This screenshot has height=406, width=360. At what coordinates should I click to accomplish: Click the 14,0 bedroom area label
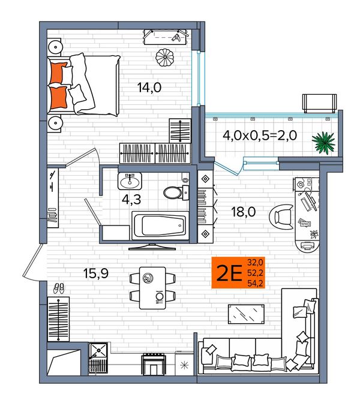(x=149, y=88)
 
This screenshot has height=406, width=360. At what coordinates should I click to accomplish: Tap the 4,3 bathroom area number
(x=131, y=199)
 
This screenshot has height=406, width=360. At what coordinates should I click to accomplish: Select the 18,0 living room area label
(x=243, y=212)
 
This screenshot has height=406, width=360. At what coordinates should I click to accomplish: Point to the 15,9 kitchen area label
(x=96, y=273)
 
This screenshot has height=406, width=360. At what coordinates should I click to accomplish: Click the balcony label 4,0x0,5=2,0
(x=260, y=135)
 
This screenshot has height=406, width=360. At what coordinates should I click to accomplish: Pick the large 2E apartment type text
(x=229, y=273)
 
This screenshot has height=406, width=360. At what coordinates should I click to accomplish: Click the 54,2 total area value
(x=255, y=283)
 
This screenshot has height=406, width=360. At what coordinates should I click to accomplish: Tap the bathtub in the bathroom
(x=160, y=225)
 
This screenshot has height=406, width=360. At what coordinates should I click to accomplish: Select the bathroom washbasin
(x=130, y=181)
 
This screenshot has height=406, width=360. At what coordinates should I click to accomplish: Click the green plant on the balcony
(x=323, y=143)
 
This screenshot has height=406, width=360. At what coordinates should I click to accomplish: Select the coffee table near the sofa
(x=246, y=314)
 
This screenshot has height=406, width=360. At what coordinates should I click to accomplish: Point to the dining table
(x=152, y=288)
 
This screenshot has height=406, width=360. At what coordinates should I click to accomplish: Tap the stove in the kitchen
(x=154, y=364)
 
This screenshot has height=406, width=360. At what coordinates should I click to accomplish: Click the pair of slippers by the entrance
(x=59, y=288)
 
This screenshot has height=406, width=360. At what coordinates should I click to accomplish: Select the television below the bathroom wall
(x=152, y=246)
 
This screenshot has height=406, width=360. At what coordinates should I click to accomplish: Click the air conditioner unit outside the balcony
(x=320, y=104)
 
